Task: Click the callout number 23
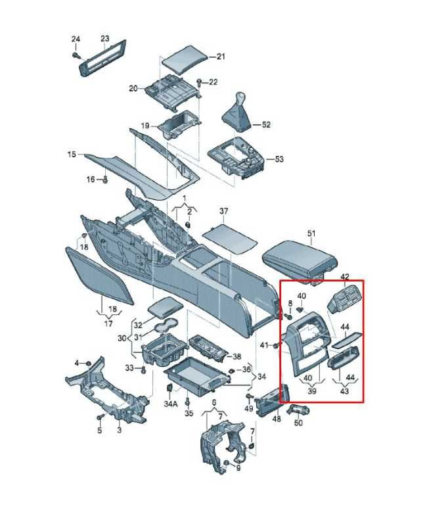click(x=105, y=39)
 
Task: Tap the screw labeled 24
click(x=76, y=55)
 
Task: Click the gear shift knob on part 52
click(x=239, y=97)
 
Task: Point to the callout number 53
click(x=279, y=159)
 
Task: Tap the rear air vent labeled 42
click(x=344, y=299)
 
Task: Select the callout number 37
click(x=223, y=211)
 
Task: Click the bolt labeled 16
click(x=105, y=180)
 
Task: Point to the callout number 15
click(x=72, y=155)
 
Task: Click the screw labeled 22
click(x=199, y=82)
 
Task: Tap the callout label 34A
click(x=171, y=404)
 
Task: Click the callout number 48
click(x=277, y=419)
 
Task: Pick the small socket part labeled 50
click(x=298, y=409)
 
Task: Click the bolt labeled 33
click(x=143, y=370)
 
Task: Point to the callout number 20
click(x=133, y=88)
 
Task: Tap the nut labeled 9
click(x=226, y=464)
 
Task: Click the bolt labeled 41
click(x=276, y=346)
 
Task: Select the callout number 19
click(x=145, y=126)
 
